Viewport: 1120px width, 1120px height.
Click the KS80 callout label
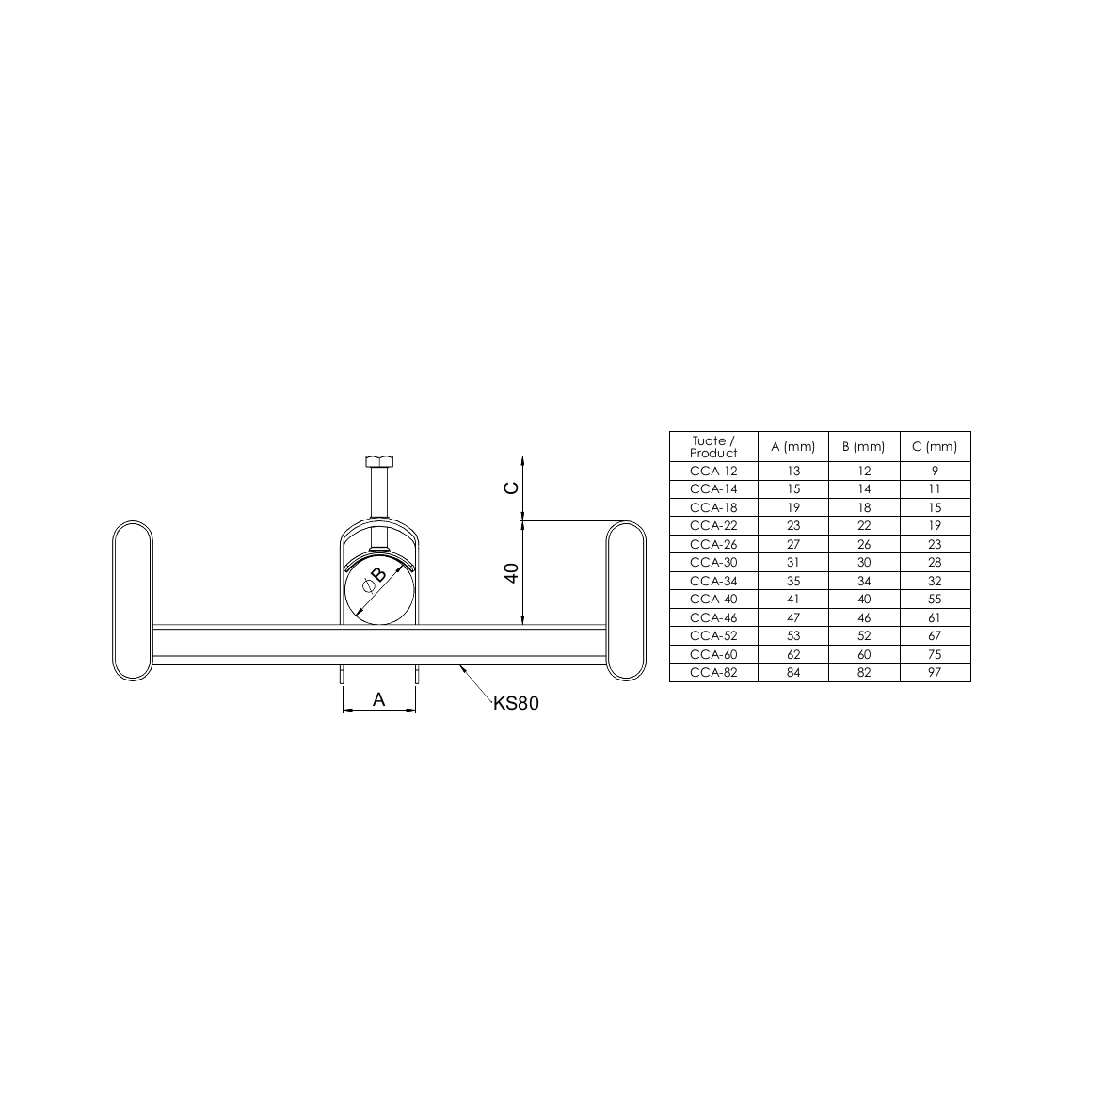tap(516, 703)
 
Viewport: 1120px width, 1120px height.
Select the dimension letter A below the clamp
tap(378, 699)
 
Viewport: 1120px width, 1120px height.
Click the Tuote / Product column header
tap(712, 446)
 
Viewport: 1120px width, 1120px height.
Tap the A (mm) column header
tap(792, 446)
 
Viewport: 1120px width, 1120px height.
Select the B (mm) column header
tap(864, 446)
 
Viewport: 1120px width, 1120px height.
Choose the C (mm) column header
tap(935, 446)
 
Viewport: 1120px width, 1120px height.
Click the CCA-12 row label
tap(712, 471)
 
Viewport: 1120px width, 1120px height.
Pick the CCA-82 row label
tap(712, 672)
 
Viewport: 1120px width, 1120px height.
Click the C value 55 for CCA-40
tap(935, 599)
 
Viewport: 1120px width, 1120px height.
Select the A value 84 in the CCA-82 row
tap(792, 672)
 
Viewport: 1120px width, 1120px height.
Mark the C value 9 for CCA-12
tap(935, 471)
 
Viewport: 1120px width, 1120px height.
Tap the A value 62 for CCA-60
tap(792, 654)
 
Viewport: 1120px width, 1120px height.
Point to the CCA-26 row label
tap(712, 544)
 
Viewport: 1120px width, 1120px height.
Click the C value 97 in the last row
tap(935, 672)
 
